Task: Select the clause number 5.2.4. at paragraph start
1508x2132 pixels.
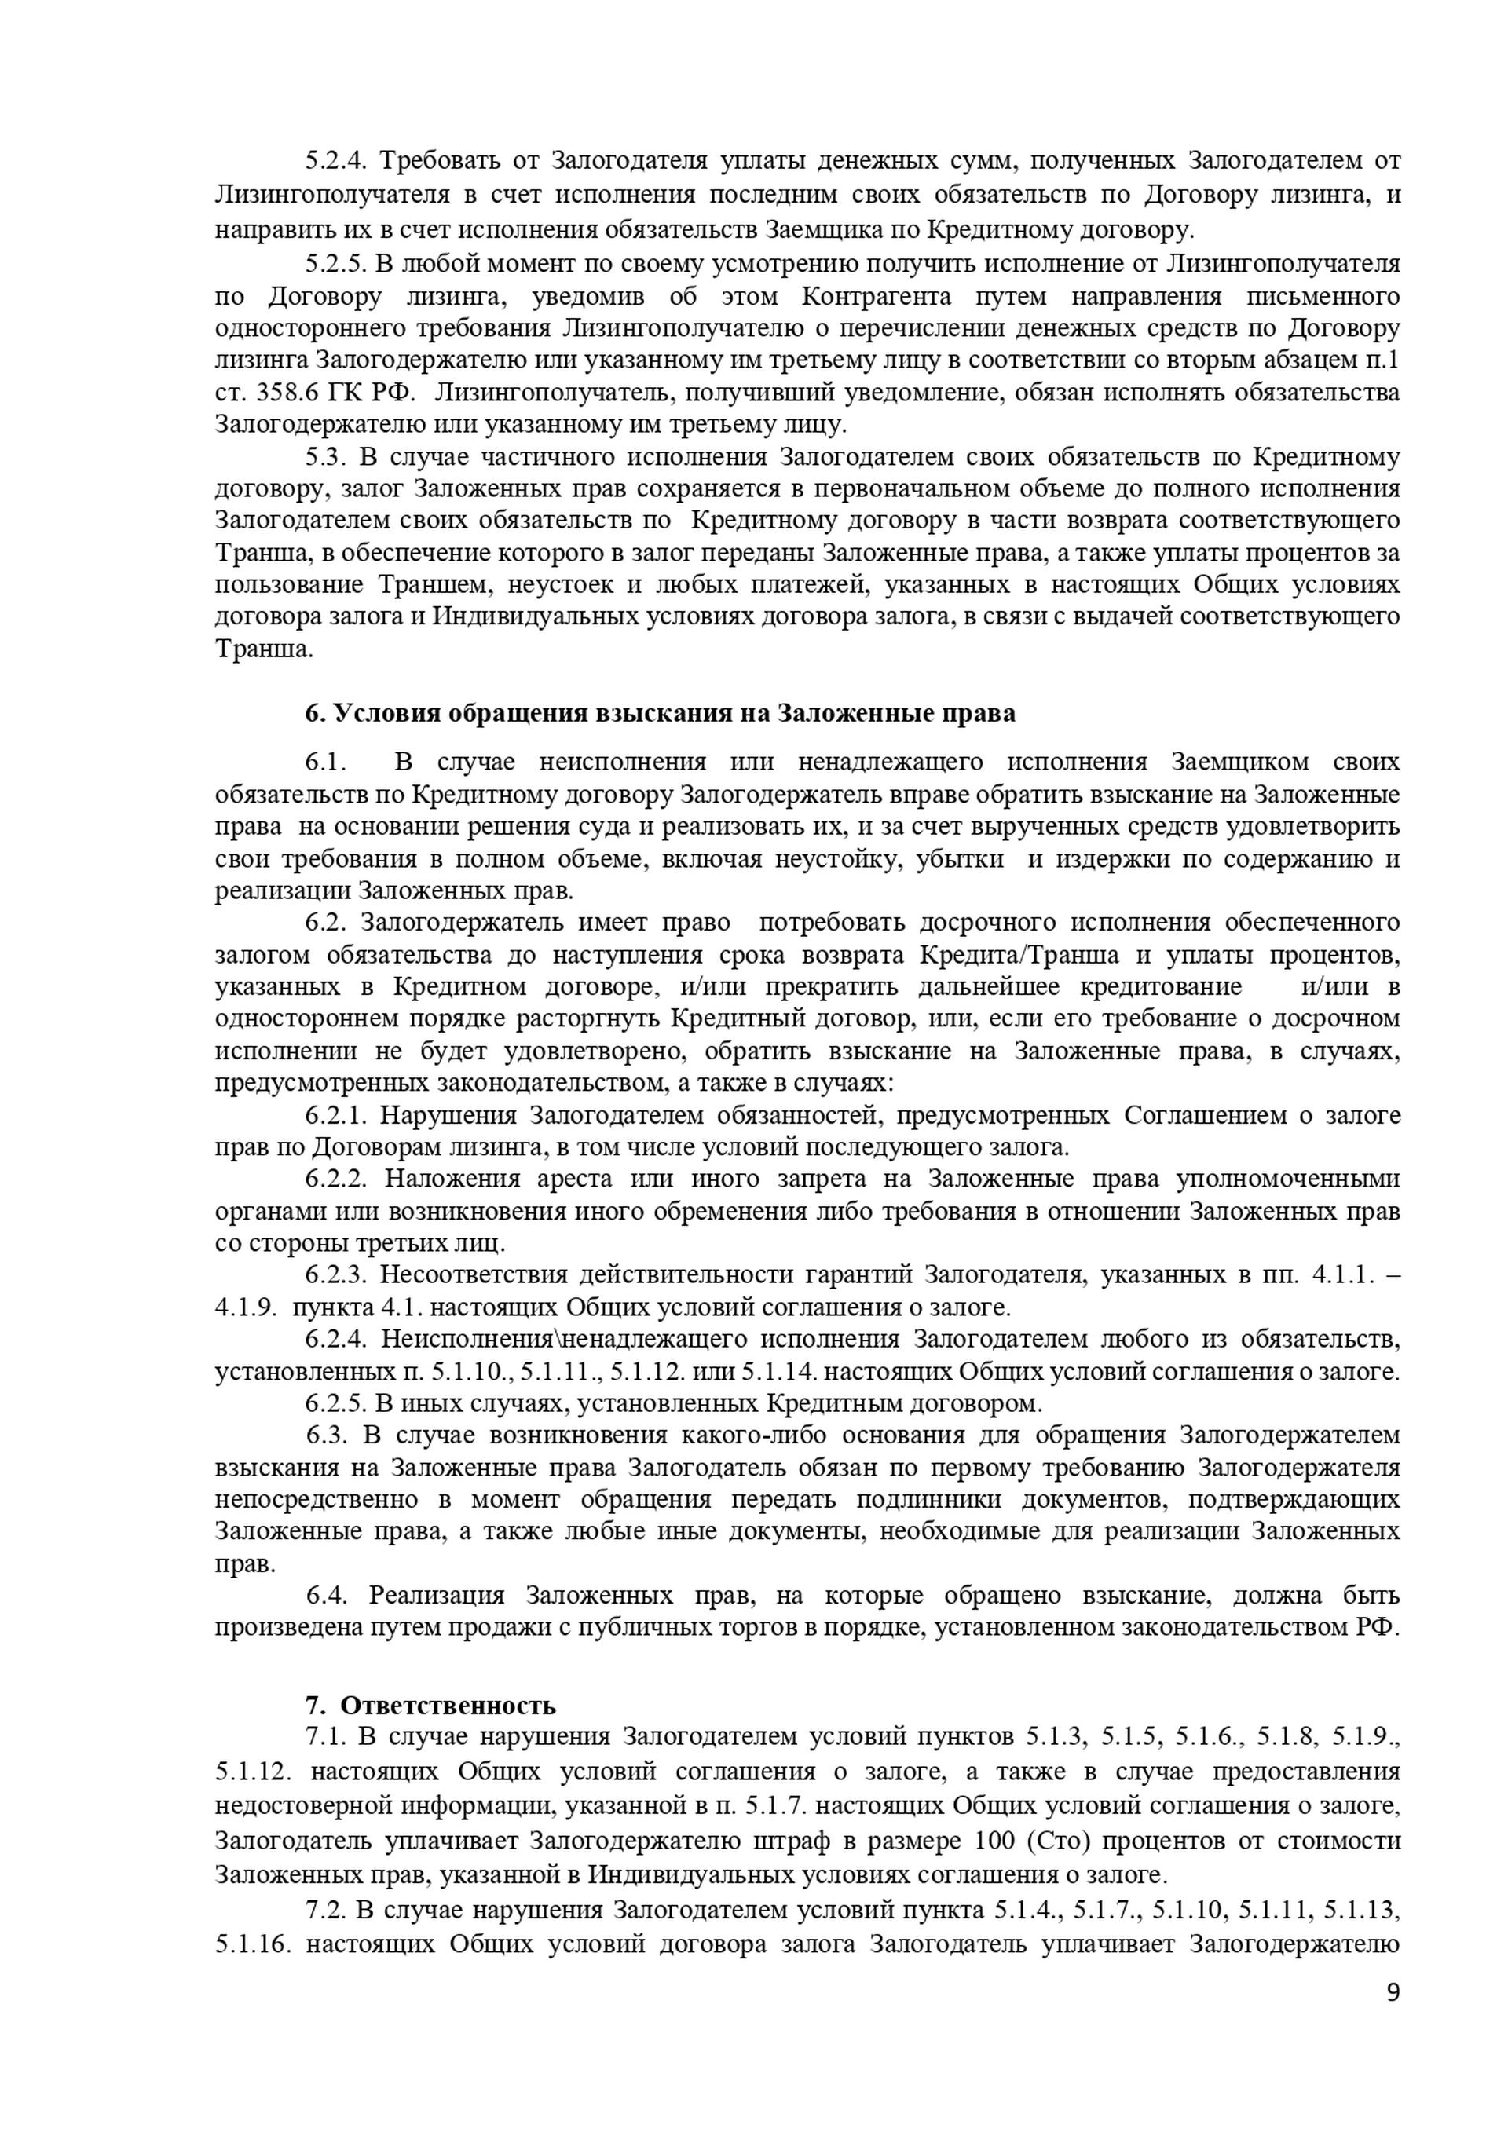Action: pos(337,162)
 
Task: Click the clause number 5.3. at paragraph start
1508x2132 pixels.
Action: pos(325,458)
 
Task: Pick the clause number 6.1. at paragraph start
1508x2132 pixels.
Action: pos(325,762)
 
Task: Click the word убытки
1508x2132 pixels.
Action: pos(960,859)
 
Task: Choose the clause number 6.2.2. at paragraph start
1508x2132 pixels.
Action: pos(337,1179)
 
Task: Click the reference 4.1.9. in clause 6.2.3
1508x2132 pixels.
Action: pos(245,1307)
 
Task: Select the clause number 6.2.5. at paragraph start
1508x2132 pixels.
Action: pos(337,1403)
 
